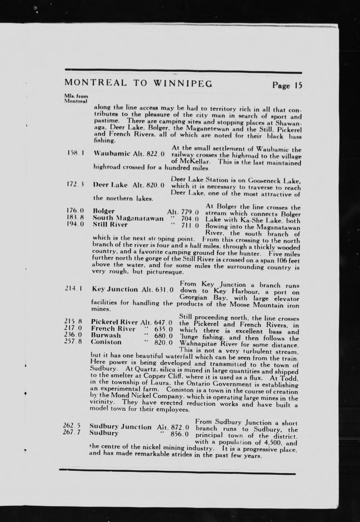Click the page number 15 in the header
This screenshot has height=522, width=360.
(298, 86)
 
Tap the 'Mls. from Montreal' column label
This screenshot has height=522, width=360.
(76, 99)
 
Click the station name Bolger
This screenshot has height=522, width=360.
(104, 211)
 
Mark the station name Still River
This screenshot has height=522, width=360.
(110, 225)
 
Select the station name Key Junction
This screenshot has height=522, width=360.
(115, 289)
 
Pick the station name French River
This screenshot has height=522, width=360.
(113, 329)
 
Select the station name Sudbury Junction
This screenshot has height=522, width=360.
(121, 427)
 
